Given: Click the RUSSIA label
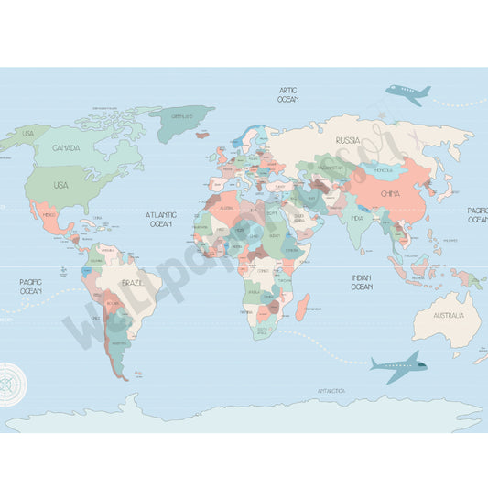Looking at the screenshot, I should pyautogui.click(x=347, y=140).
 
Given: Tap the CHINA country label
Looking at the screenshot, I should pyautogui.click(x=389, y=193).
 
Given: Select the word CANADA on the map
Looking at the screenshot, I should pyautogui.click(x=65, y=147).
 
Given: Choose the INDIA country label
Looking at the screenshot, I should pyautogui.click(x=357, y=218).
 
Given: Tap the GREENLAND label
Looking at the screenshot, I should pyautogui.click(x=180, y=116).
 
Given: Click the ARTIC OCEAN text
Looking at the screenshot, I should pyautogui.click(x=288, y=94).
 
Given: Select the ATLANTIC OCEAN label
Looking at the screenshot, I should pyautogui.click(x=160, y=219).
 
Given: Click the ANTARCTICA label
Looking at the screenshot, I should pyautogui.click(x=331, y=391).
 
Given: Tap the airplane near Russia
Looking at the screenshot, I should pyautogui.click(x=407, y=92).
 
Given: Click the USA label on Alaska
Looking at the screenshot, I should pyautogui.click(x=27, y=134).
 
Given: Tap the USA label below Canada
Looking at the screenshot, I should pyautogui.click(x=60, y=185).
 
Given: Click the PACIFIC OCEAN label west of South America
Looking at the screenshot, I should pyautogui.click(x=30, y=286).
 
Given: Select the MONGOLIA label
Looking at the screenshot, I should pyautogui.click(x=383, y=170).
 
